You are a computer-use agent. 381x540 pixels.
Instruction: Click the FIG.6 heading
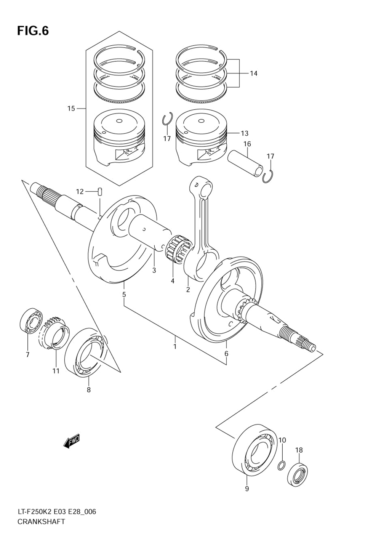click(33, 31)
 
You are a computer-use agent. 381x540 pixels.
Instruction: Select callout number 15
click(71, 109)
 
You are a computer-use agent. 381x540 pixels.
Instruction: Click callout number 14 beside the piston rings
click(253, 73)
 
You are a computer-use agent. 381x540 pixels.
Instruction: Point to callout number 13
click(244, 133)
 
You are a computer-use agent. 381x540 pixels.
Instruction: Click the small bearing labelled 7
click(31, 320)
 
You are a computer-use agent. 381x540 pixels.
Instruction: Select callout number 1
click(175, 346)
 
